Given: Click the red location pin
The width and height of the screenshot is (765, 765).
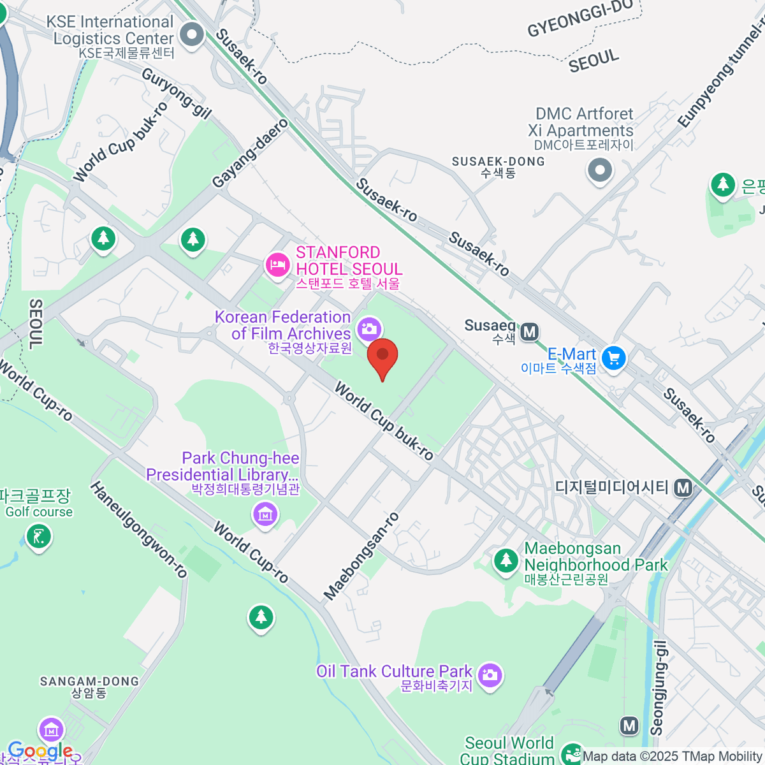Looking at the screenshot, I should (382, 356).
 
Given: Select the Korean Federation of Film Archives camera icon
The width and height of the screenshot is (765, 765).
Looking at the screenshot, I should (369, 329).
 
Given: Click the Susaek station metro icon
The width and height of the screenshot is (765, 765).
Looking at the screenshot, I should (530, 331).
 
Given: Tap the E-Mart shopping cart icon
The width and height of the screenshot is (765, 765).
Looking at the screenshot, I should (614, 358).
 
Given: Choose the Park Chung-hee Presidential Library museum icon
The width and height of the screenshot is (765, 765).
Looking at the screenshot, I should (265, 513).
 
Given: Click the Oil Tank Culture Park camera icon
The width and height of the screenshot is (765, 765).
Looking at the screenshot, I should (490, 675).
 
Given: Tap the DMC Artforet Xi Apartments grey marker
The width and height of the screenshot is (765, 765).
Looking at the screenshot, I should (600, 170).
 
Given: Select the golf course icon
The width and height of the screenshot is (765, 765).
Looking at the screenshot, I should (39, 536).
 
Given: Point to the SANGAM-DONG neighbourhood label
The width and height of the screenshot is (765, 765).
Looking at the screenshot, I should (89, 687).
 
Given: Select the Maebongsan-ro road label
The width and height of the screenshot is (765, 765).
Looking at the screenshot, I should (361, 556).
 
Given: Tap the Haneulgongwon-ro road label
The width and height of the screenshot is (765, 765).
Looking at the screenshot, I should (139, 530).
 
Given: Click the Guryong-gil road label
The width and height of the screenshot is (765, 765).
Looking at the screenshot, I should (176, 93).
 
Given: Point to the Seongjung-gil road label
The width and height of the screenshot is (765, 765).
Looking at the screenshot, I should (658, 688).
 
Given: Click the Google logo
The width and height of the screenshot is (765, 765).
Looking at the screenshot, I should (40, 751).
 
